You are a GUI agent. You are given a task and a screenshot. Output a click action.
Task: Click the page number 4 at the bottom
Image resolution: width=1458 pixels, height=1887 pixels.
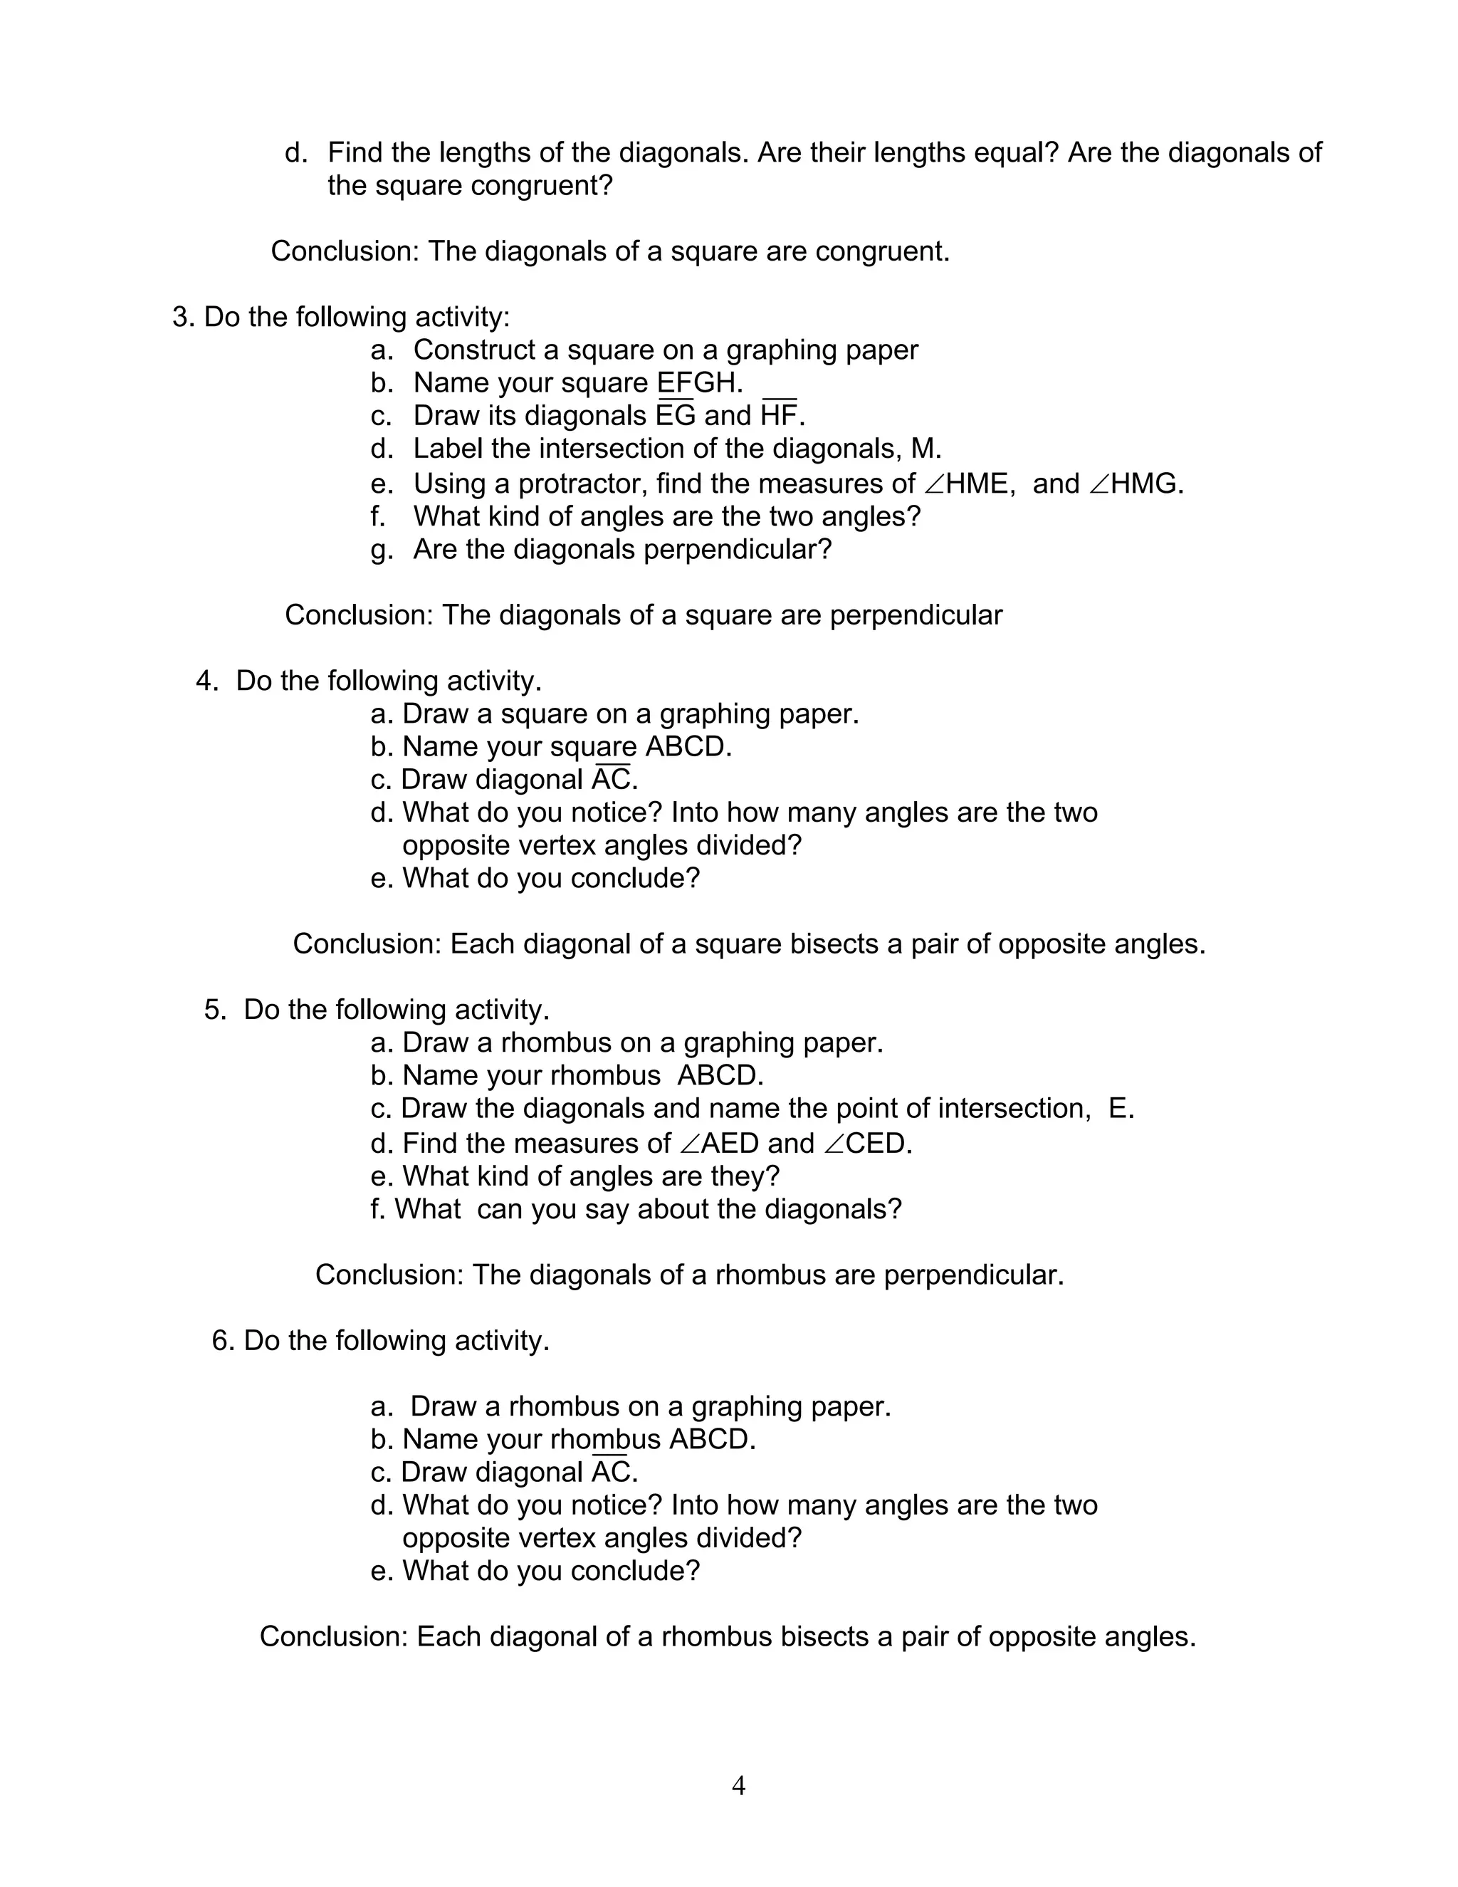[738, 1785]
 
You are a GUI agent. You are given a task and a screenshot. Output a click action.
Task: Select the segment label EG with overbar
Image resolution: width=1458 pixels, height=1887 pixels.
[676, 416]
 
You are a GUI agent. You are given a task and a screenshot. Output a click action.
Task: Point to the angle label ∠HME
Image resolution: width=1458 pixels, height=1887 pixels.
[965, 483]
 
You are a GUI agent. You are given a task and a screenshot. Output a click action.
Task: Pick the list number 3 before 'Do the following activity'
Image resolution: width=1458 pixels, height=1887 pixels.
[181, 317]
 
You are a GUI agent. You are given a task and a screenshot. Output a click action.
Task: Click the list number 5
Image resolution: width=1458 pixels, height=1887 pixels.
[212, 1010]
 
